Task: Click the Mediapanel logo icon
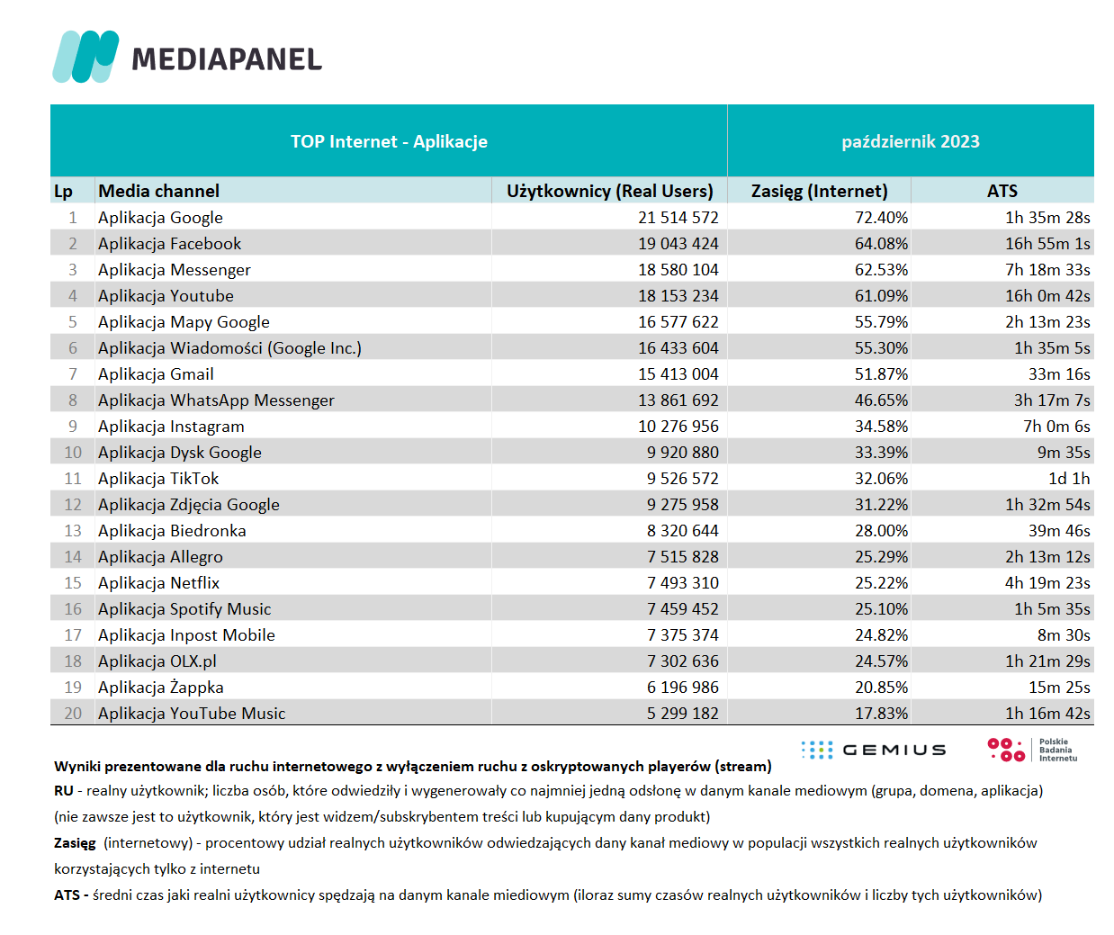coord(85,57)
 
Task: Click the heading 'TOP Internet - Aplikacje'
coord(389,141)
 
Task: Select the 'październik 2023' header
coord(910,141)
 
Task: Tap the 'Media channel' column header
coord(158,191)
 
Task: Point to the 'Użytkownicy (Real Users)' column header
coord(609,191)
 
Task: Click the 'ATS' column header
coord(1002,191)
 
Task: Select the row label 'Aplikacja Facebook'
coord(169,244)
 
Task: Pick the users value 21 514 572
coord(678,218)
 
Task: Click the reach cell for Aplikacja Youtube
coord(881,296)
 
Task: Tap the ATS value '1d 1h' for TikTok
coord(1068,479)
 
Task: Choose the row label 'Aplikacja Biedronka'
coord(172,531)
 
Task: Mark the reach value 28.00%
coord(881,531)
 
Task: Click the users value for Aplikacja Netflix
coord(682,583)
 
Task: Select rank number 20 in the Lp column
coord(73,714)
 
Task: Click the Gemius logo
coord(873,750)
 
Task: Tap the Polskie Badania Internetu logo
coord(1032,750)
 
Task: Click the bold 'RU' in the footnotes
coord(63,791)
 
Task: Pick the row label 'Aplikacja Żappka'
coord(160,688)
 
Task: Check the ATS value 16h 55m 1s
coord(1047,244)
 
